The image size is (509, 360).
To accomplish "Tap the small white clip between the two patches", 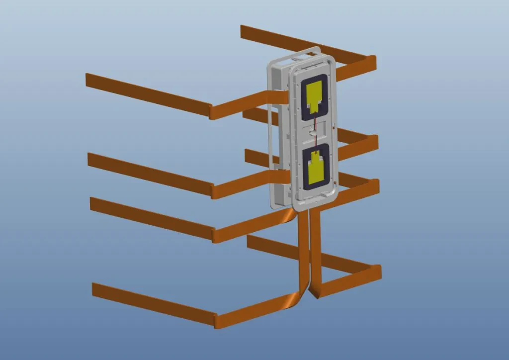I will [x=312, y=131].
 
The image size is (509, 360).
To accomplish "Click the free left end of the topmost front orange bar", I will [x=88, y=81].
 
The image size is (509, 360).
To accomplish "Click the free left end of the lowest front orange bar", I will [x=95, y=290].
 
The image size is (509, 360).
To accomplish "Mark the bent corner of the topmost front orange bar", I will [x=212, y=112].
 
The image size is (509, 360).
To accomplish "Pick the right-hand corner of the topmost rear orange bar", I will [x=372, y=62].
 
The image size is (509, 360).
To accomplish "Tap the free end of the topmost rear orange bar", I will [x=244, y=31].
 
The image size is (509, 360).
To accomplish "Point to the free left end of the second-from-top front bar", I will [x=91, y=160].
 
